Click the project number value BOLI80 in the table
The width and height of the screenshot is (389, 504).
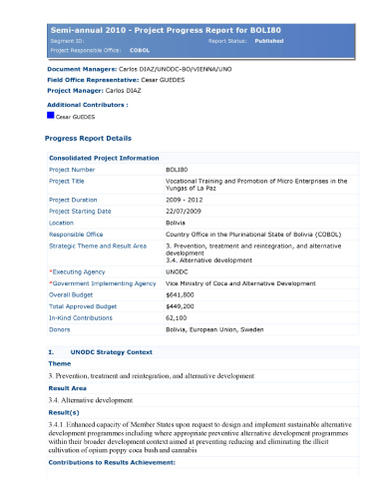tap(178, 170)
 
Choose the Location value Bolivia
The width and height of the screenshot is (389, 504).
tap(177, 223)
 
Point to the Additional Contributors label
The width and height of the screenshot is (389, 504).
tap(87, 104)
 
